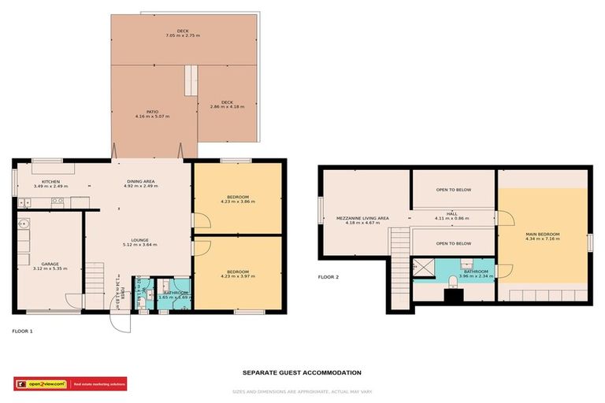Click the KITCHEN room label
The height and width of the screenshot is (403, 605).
click(x=50, y=181)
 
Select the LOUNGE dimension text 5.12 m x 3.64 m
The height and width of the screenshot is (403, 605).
click(x=139, y=246)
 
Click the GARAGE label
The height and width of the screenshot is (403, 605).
click(x=50, y=264)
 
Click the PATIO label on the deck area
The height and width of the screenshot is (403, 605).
click(x=152, y=112)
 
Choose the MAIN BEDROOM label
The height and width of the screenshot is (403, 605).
click(x=543, y=234)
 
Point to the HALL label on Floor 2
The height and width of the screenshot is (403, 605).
click(x=451, y=213)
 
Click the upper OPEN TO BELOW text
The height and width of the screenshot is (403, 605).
click(x=453, y=190)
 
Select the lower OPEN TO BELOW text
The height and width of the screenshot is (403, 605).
click(x=453, y=243)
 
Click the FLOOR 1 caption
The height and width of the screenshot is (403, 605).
click(x=23, y=331)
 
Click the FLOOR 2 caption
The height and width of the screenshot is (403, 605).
click(x=328, y=277)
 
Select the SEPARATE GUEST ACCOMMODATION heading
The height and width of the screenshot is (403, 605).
click(x=302, y=372)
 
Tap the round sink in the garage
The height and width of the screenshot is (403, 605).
click(x=24, y=224)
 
